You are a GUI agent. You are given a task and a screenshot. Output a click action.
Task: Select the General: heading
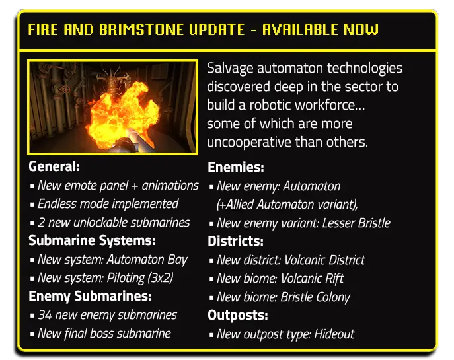54,167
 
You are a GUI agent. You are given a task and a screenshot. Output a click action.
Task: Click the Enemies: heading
235,168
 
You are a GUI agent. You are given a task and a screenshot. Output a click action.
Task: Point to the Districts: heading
235,241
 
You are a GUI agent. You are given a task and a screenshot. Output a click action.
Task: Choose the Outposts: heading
237,315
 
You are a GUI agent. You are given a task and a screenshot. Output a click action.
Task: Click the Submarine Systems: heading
92,241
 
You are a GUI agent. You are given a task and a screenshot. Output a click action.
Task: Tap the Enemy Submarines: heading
90,297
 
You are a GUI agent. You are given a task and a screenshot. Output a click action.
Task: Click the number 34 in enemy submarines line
45,315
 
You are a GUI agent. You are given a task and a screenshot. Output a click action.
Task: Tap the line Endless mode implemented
108,204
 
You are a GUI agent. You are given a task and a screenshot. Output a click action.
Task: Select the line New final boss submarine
104,334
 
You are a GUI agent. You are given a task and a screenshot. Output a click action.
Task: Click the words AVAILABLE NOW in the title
321,30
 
